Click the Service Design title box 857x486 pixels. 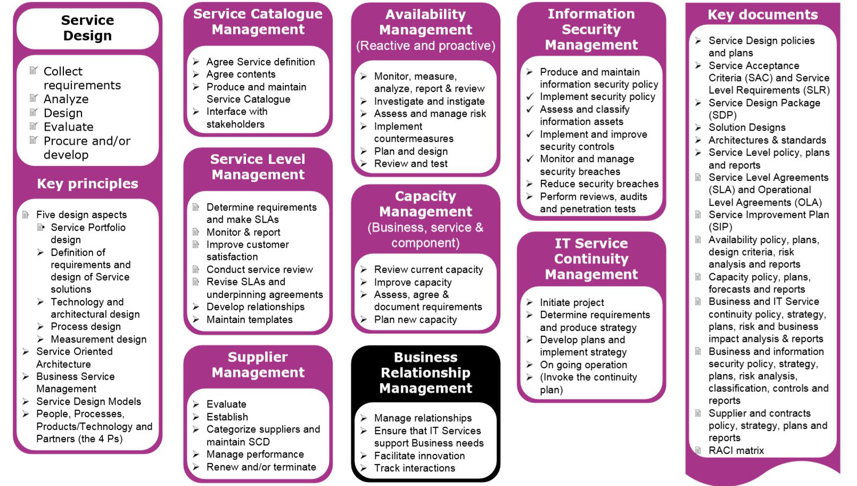click(x=88, y=28)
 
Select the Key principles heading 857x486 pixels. click(x=88, y=184)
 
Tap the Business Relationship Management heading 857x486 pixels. click(x=425, y=373)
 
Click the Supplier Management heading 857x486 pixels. click(x=258, y=365)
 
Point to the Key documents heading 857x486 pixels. click(x=762, y=14)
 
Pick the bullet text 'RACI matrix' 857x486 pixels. click(x=736, y=450)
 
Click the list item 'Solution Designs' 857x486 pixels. click(x=747, y=127)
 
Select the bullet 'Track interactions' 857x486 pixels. click(x=415, y=468)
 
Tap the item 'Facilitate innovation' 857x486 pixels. click(x=419, y=456)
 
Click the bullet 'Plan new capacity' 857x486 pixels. click(x=416, y=319)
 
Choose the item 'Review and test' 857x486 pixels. click(x=411, y=164)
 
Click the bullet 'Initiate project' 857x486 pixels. click(x=572, y=303)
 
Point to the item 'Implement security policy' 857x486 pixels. click(x=598, y=97)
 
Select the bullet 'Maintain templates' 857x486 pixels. click(x=250, y=319)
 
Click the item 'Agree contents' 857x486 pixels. click(x=241, y=74)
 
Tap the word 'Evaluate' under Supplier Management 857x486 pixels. click(x=227, y=404)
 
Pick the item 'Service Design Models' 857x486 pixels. click(x=89, y=401)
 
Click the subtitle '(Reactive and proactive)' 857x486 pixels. click(x=425, y=46)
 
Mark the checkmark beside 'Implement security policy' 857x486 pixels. click(x=530, y=96)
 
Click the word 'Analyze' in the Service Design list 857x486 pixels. click(x=66, y=99)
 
